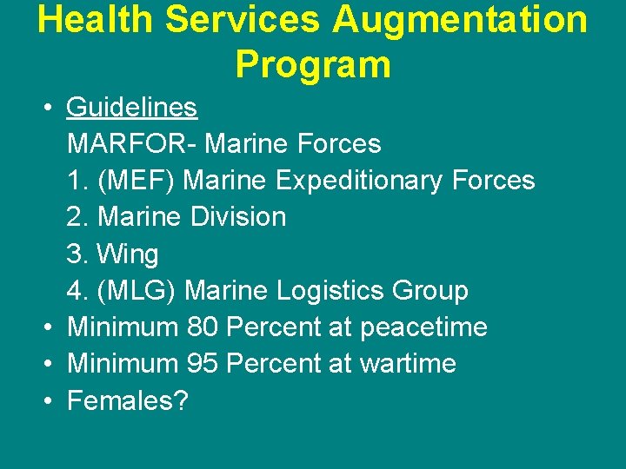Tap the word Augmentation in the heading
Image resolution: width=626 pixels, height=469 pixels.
[460, 20]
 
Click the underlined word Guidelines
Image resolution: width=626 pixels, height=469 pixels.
[132, 108]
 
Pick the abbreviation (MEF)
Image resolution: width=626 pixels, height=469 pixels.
[137, 180]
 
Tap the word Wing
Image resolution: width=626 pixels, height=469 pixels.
[128, 254]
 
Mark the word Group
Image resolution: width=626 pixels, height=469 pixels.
[433, 290]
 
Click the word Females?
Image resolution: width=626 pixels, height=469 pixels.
[127, 400]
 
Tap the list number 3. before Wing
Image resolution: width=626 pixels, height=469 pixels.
[77, 254]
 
